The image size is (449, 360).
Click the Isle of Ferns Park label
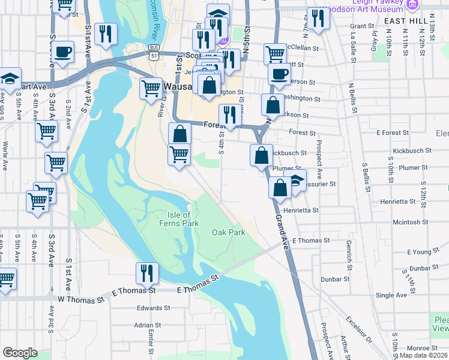click(178, 220)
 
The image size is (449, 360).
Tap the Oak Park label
click(229, 232)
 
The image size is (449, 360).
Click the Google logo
click(20, 353)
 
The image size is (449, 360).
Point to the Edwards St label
click(149, 308)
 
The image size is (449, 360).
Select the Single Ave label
click(391, 295)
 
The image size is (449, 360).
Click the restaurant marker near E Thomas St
click(147, 273)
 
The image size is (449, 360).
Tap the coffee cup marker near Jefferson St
click(278, 74)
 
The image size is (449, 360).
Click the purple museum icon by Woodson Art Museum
click(411, 4)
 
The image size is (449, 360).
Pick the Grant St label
click(362, 26)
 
